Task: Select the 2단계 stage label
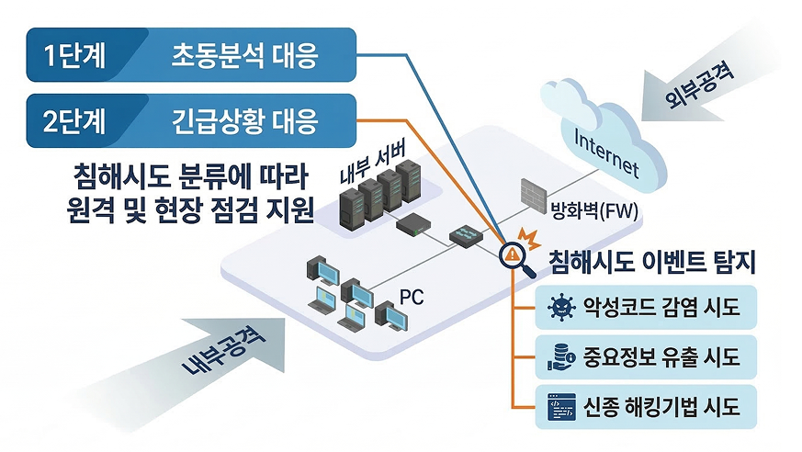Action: pos(76,119)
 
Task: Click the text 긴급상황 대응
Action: pos(244,119)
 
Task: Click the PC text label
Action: pos(412,298)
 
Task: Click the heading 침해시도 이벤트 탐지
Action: pos(650,264)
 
